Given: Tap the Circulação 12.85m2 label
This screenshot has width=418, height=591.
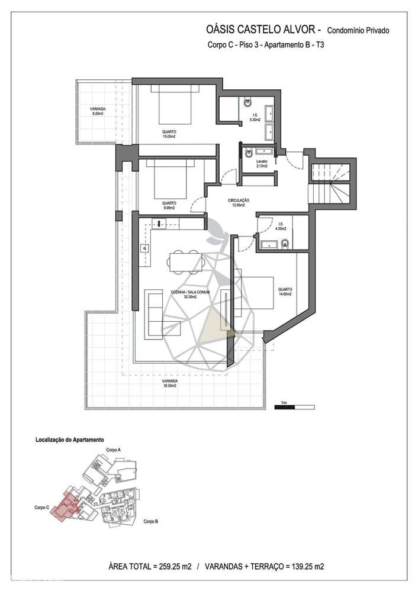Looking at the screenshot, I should (x=239, y=203).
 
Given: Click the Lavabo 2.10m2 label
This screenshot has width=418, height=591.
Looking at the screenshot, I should (x=262, y=164).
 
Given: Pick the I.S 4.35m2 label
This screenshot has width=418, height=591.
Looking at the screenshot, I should (x=281, y=226).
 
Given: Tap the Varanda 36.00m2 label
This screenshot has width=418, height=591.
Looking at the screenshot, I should (x=170, y=383).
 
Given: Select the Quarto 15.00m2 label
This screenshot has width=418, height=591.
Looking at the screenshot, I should (x=169, y=134).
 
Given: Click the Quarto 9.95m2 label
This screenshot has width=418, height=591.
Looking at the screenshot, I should (x=170, y=205).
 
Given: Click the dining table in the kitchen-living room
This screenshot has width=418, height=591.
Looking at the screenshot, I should (x=184, y=260).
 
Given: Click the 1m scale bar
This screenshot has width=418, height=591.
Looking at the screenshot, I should (x=294, y=406).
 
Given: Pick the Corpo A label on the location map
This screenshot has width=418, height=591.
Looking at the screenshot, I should (x=113, y=450).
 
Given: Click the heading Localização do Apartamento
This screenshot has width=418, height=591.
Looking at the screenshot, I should (x=70, y=440).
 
